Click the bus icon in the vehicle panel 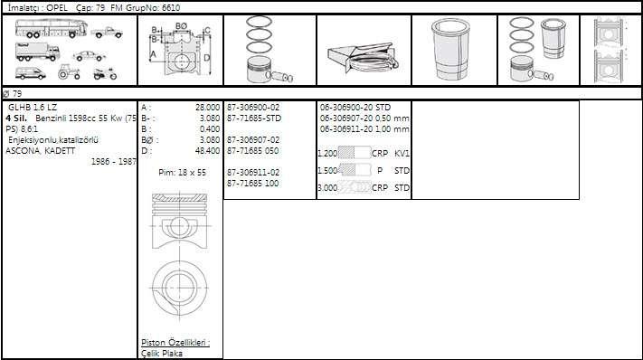(52, 29)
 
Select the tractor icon (69, 72)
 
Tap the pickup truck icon (107, 33)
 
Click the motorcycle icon (105, 74)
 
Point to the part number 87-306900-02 (253, 108)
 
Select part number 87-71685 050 (252, 150)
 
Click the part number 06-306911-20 (346, 129)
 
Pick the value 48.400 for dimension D (207, 150)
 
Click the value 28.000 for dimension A (207, 108)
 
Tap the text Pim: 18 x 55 (182, 172)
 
